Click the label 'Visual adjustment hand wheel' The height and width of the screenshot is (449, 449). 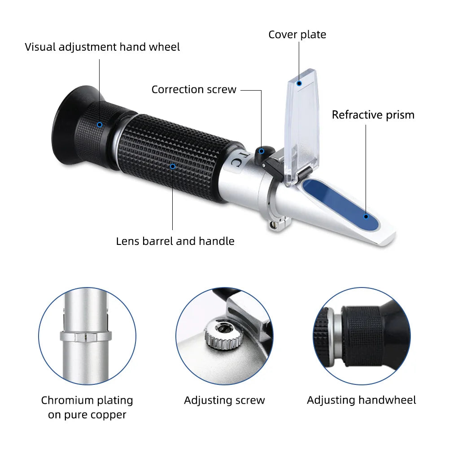102,47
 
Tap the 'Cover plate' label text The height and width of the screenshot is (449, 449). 297,35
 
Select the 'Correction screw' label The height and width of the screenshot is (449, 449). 194,89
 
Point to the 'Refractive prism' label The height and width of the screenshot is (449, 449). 373,115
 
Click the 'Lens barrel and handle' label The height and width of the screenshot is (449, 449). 175,241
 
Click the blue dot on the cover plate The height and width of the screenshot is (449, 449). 299,83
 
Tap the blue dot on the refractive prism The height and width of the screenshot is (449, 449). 366,217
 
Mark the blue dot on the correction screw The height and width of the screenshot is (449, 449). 261,151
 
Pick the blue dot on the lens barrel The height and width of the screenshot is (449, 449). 173,166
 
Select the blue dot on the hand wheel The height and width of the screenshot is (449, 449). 100,125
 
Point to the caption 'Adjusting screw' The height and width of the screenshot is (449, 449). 224,400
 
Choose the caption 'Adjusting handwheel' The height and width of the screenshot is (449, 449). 362,400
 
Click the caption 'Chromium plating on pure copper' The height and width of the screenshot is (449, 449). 87,407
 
